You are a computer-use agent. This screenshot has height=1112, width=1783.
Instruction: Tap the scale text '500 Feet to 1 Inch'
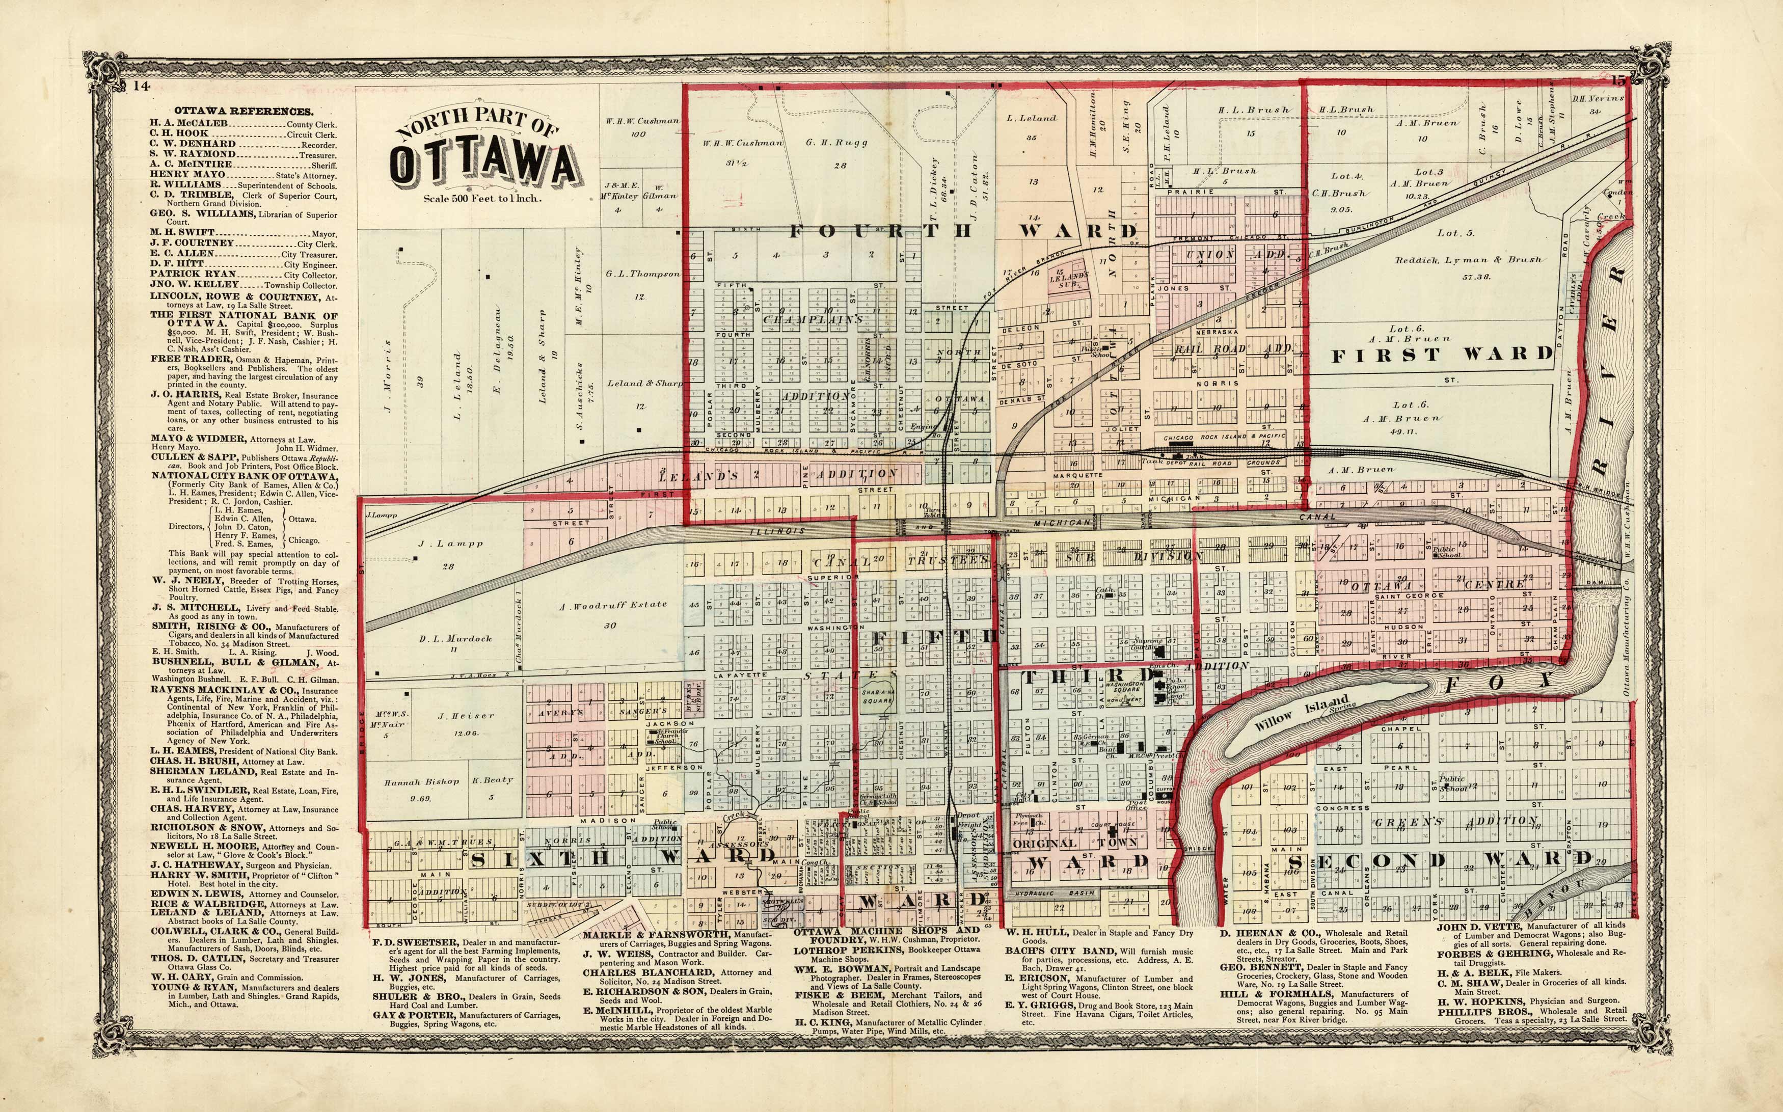tap(482, 198)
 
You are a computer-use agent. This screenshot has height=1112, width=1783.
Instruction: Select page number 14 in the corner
tap(141, 86)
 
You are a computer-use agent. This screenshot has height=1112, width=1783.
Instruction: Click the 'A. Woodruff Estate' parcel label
tap(612, 605)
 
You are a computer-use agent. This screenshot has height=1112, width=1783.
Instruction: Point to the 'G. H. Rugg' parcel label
tap(836, 143)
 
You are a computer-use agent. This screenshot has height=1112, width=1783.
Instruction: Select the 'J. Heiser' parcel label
tap(466, 715)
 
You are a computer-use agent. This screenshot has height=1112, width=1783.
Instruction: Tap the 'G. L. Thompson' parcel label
tap(643, 274)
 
